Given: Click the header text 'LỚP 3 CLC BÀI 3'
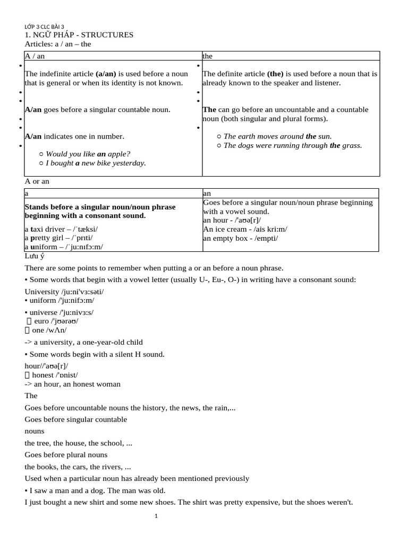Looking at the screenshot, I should click(44, 27).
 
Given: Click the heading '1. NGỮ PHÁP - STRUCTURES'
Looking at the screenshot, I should click(79, 35).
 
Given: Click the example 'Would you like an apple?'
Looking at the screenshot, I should click(88, 154).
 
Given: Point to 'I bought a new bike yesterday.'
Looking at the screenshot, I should click(96, 163).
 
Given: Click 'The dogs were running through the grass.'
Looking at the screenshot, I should click(293, 145).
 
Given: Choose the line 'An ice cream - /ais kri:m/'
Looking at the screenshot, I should click(245, 229).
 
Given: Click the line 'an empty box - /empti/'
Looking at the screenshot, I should click(240, 238).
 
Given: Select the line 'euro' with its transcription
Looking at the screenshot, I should click(55, 321).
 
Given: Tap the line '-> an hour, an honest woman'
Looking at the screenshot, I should click(73, 384).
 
